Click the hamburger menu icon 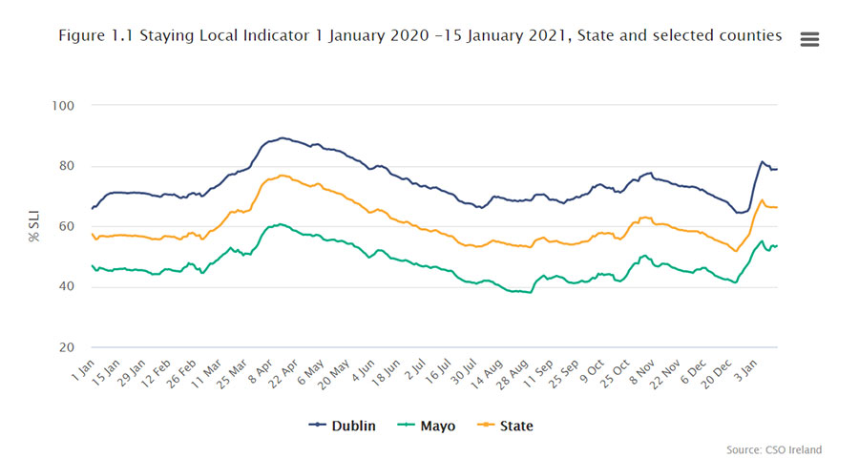click(x=810, y=39)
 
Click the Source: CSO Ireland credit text click(x=774, y=449)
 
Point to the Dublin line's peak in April click(x=282, y=137)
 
